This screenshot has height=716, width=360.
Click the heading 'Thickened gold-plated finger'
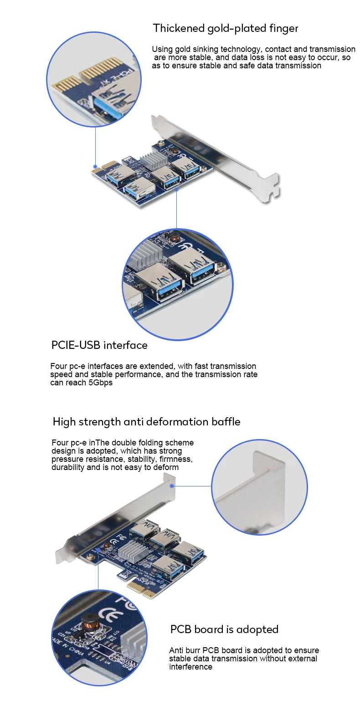(225, 28)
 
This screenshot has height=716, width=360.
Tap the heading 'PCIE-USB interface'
(99, 345)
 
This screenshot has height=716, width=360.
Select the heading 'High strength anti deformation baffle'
(146, 422)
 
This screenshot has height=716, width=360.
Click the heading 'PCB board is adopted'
(224, 629)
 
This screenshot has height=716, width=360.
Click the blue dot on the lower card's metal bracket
(172, 486)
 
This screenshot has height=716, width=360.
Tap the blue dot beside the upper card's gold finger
(95, 167)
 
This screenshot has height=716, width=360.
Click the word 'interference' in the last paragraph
(190, 667)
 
